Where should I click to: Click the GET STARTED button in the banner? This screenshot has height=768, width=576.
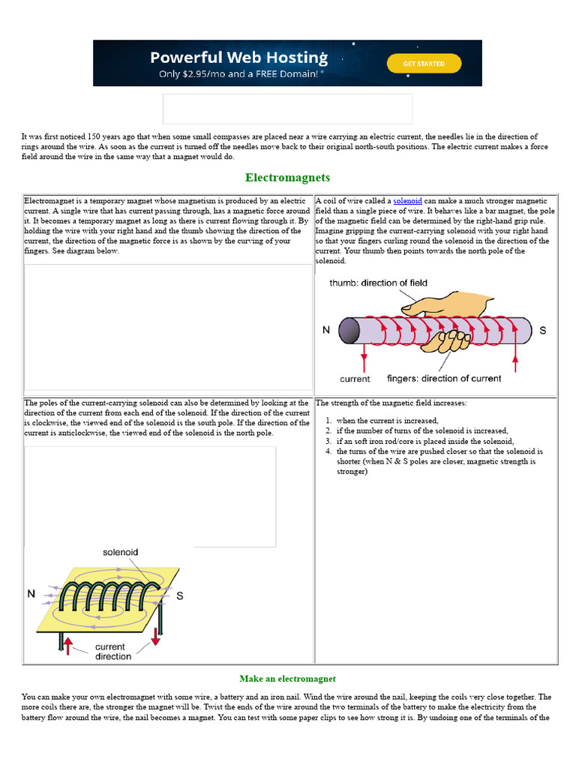[423, 64]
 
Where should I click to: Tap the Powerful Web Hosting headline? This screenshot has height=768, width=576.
[238, 58]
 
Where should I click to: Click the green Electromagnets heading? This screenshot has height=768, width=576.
[287, 178]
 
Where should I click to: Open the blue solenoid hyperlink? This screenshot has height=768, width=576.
[408, 201]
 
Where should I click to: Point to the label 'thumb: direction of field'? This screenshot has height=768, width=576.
[378, 283]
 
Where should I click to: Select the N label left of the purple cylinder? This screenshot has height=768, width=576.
[326, 330]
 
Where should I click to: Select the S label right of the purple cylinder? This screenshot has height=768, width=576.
[543, 330]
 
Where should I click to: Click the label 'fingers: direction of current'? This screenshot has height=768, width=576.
[444, 378]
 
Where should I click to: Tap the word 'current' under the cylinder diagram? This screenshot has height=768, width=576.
[355, 378]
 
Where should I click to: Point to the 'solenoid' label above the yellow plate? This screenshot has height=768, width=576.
[120, 552]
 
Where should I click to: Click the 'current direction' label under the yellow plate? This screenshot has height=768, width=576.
[113, 651]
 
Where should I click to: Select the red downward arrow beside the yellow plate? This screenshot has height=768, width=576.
[156, 636]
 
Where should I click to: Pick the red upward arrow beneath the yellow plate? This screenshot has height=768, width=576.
[67, 644]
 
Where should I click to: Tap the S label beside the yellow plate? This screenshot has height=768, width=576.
[179, 596]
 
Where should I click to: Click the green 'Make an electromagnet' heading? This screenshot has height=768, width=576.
[287, 679]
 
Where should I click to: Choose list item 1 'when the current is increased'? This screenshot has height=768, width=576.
[387, 421]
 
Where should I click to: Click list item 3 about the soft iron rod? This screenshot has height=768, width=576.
[424, 442]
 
